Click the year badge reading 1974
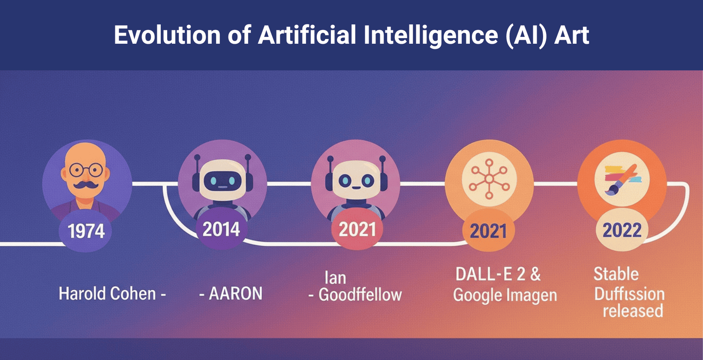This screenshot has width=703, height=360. pyautogui.click(x=86, y=231)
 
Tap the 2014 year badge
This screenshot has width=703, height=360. pyautogui.click(x=221, y=229)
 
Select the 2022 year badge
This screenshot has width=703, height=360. pyautogui.click(x=622, y=231)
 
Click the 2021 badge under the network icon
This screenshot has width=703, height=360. pyautogui.click(x=488, y=231)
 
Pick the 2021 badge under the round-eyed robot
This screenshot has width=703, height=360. pyautogui.click(x=357, y=229)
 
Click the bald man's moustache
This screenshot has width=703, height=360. pyautogui.click(x=86, y=185)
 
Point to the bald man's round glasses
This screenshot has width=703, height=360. pyautogui.click(x=86, y=170)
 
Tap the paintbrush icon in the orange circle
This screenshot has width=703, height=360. pyautogui.click(x=622, y=180)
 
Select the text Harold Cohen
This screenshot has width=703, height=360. pyautogui.click(x=107, y=294)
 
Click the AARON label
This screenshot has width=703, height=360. pyautogui.click(x=235, y=294)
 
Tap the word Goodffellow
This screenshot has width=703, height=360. pyautogui.click(x=360, y=295)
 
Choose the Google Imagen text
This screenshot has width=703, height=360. pyautogui.click(x=505, y=295)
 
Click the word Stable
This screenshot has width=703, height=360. pyautogui.click(x=616, y=274)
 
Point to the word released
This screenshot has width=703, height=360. pyautogui.click(x=633, y=311)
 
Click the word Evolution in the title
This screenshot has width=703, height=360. pyautogui.click(x=167, y=35)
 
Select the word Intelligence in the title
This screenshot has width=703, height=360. pyautogui.click(x=430, y=35)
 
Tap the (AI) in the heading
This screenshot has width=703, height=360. pyautogui.click(x=526, y=35)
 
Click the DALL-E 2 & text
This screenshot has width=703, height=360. pyautogui.click(x=498, y=274)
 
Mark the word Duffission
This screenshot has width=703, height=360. pyautogui.click(x=629, y=294)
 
